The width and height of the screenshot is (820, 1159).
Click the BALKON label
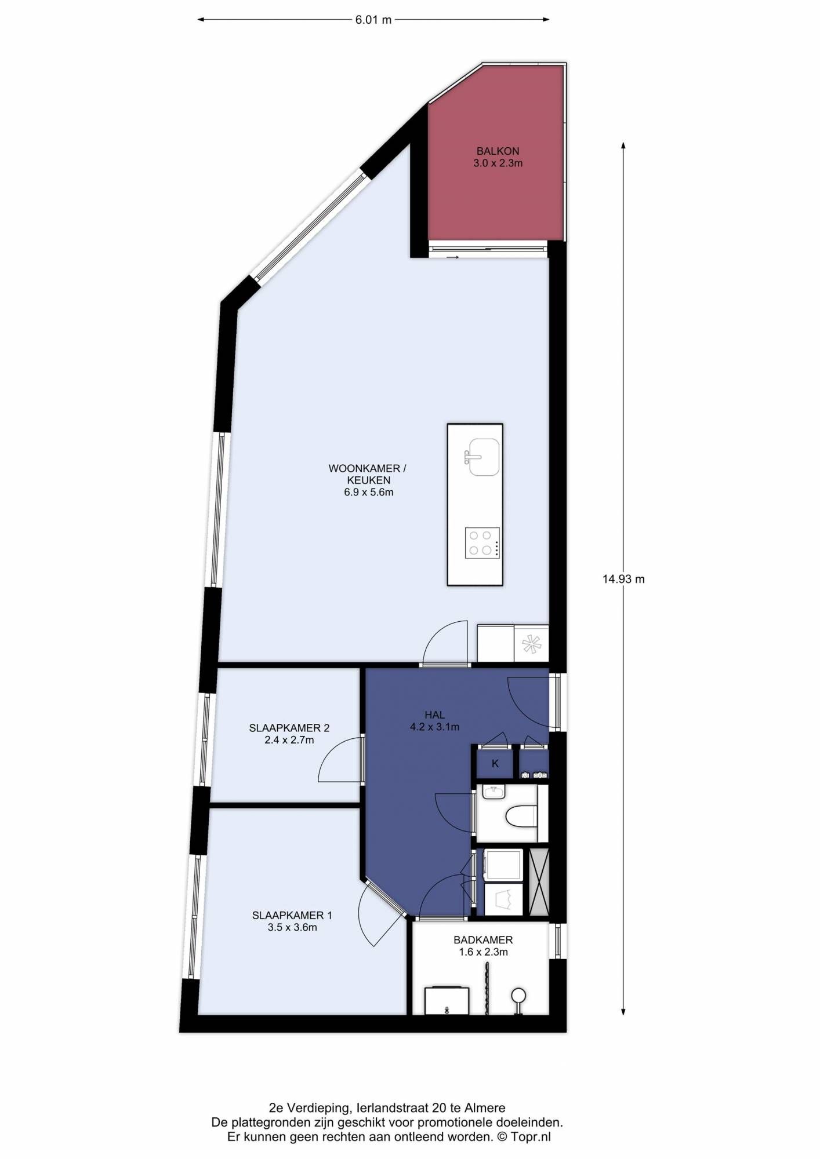[x=498, y=151]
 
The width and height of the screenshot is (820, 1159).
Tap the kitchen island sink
[x=483, y=457]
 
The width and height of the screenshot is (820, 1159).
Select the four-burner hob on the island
[x=482, y=543]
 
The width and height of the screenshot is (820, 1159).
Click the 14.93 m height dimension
[x=623, y=578]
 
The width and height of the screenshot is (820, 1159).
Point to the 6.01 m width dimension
[x=373, y=20]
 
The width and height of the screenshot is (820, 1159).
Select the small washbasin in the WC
[x=494, y=792]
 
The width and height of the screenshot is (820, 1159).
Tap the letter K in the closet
[x=495, y=764]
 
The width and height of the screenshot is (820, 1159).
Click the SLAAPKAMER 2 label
[x=289, y=728]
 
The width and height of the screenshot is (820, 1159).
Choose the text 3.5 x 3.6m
[x=292, y=927]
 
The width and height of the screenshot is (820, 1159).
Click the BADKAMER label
[x=483, y=940]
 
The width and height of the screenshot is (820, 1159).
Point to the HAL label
[x=434, y=715]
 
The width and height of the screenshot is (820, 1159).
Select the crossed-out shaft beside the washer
[x=539, y=883]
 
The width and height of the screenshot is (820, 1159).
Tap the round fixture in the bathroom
[x=518, y=996]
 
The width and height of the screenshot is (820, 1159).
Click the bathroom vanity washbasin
[x=447, y=1001]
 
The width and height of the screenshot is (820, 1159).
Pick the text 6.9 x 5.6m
[x=369, y=492]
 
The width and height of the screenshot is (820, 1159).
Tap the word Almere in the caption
[x=485, y=1108]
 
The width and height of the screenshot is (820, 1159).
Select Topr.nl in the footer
[x=531, y=1137]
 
